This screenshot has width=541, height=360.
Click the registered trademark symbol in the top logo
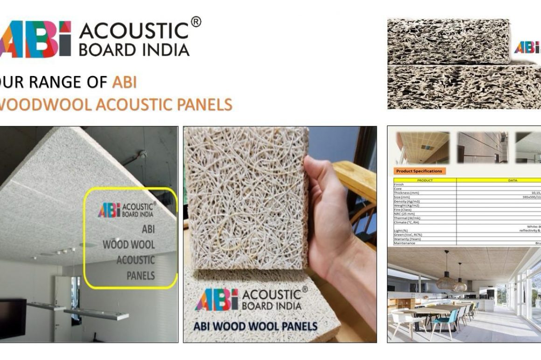click(196, 22)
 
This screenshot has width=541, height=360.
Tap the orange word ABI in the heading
click(124, 83)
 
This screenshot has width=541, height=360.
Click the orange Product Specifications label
click(418, 171)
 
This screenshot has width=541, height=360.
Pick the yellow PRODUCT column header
click(425, 180)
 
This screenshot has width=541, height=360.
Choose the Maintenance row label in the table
click(404, 243)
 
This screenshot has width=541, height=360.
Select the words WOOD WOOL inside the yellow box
click(129, 244)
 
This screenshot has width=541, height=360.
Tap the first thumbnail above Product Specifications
click(422, 147)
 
